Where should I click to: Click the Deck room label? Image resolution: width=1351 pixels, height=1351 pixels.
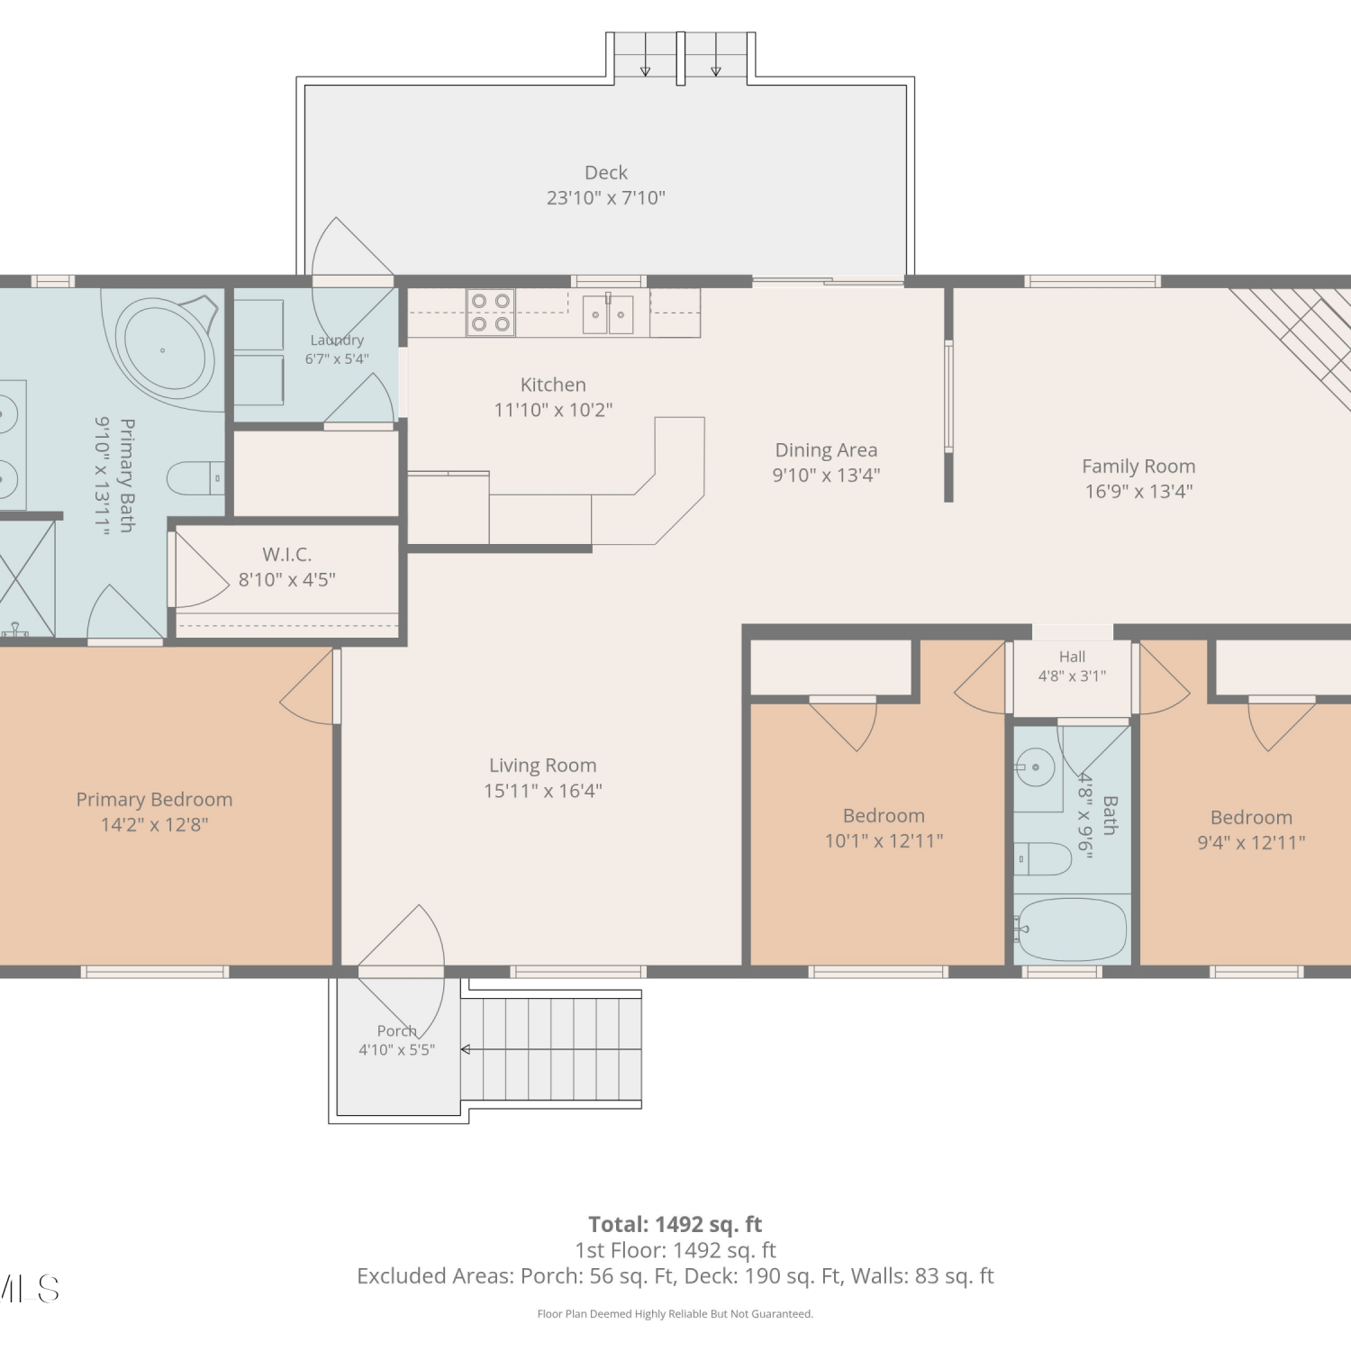pyautogui.click(x=606, y=172)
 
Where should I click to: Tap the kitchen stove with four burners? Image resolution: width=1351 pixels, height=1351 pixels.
pyautogui.click(x=491, y=313)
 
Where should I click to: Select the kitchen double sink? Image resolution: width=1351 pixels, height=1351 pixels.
pyautogui.click(x=608, y=314)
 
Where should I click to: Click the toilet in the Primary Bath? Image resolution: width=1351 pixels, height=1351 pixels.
pyautogui.click(x=196, y=478)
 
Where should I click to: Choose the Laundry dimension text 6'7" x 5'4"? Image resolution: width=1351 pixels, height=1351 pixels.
pyautogui.click(x=337, y=358)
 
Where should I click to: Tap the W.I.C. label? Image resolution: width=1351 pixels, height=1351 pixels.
pyautogui.click(x=287, y=555)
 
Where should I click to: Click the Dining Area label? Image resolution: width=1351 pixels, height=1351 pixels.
pyautogui.click(x=826, y=450)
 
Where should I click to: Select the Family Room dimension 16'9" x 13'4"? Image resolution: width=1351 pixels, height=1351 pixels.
pyautogui.click(x=1138, y=492)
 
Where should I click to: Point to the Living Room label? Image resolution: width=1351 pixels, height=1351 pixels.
pyautogui.click(x=542, y=766)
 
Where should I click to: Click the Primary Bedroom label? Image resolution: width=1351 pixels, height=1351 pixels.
pyautogui.click(x=154, y=800)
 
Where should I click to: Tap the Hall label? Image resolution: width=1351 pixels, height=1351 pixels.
pyautogui.click(x=1072, y=657)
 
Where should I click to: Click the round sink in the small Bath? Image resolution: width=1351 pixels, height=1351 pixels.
pyautogui.click(x=1035, y=767)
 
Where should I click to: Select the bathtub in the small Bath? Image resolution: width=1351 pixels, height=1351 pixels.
pyautogui.click(x=1071, y=929)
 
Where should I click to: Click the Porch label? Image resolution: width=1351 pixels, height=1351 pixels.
pyautogui.click(x=397, y=1031)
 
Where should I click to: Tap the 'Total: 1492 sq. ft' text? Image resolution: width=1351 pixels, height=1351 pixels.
pyautogui.click(x=675, y=1225)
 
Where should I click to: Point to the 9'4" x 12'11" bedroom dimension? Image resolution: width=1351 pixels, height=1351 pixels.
pyautogui.click(x=1251, y=843)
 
